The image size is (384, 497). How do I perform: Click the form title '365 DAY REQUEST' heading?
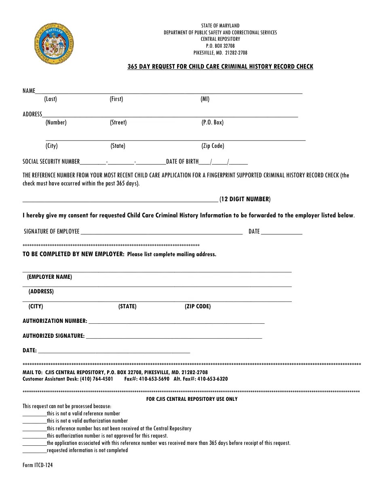(220, 67)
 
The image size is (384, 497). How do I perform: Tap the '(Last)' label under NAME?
(51, 99)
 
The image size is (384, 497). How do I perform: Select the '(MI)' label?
(205, 99)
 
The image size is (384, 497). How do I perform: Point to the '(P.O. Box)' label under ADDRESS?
(213, 122)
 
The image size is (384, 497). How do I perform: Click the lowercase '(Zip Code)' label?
(213, 146)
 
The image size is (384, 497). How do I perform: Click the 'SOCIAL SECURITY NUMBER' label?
(51, 162)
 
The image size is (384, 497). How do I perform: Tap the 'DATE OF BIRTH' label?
(182, 162)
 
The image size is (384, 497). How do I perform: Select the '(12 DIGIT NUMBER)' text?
(245, 199)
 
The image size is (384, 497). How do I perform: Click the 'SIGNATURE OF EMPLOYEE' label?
(52, 232)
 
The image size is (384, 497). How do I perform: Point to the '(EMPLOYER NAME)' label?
(49, 277)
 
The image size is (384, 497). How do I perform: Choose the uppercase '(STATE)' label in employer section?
(127, 307)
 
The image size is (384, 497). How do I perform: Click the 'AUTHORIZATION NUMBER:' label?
(55, 321)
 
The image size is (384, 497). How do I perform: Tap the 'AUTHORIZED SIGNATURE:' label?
(54, 336)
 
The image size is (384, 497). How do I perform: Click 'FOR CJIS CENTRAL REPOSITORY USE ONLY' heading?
(192, 399)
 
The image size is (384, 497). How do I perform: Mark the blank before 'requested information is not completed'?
(34, 451)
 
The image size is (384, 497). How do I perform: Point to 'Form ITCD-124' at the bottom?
(38, 465)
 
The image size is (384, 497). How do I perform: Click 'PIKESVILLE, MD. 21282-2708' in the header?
(220, 53)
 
